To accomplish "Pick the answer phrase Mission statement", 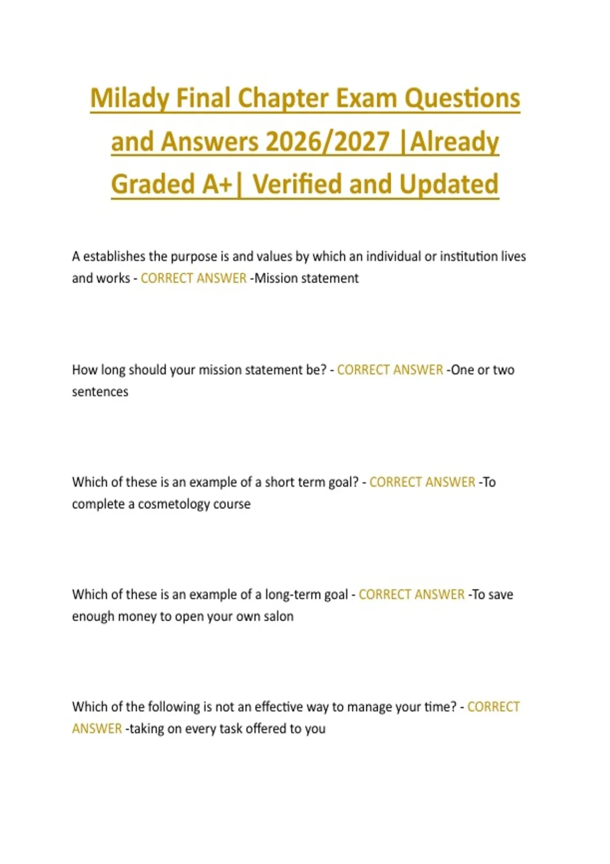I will coord(307,279).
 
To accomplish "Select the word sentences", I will coord(100,392).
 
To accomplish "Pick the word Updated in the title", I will coord(448,184).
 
